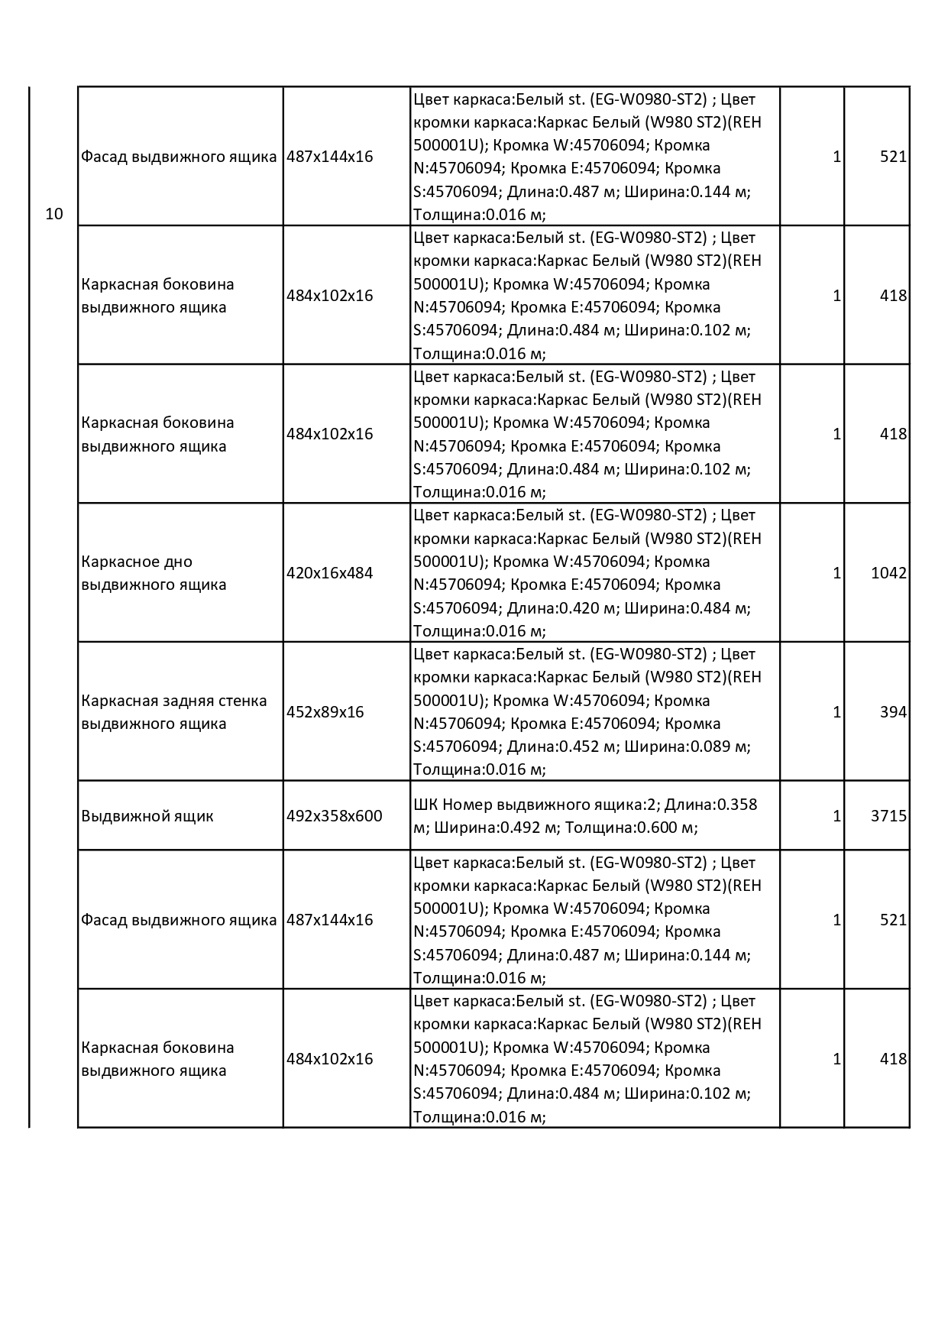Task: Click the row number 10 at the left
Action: click(x=53, y=214)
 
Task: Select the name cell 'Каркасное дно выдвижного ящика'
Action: click(x=154, y=573)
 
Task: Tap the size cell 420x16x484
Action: click(x=329, y=573)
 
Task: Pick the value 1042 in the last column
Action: click(x=888, y=573)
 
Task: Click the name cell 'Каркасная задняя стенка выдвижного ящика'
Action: click(x=174, y=712)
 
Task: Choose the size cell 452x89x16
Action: click(x=325, y=712)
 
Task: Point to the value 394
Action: click(x=893, y=712)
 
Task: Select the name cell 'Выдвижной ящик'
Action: click(x=147, y=816)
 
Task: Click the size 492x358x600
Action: click(x=334, y=816)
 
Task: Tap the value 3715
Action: click(x=888, y=816)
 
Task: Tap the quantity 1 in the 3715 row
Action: click(x=836, y=816)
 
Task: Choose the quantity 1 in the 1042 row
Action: click(x=836, y=573)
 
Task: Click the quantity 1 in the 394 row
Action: click(x=836, y=712)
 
